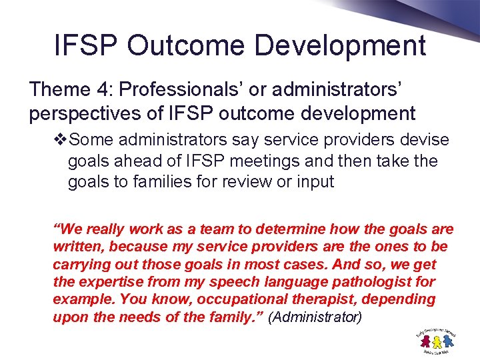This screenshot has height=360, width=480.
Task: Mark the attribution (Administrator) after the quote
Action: [315, 317]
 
